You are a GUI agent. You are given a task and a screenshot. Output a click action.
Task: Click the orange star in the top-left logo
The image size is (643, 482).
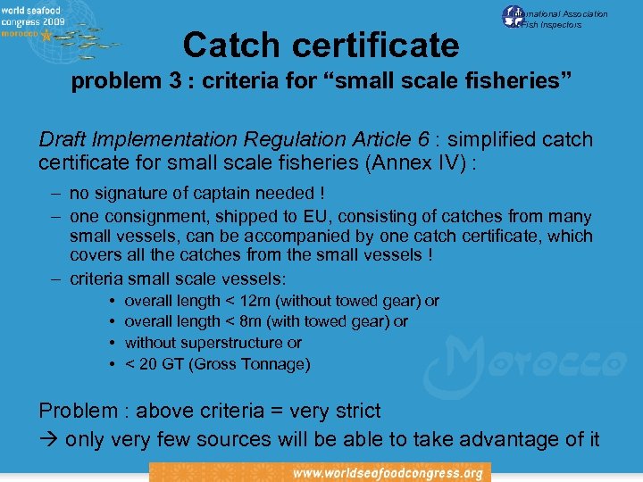45,36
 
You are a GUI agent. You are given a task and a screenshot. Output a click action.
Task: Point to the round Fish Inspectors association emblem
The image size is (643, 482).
514,16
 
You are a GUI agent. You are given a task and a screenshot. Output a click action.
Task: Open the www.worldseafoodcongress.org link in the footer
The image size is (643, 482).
388,472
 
